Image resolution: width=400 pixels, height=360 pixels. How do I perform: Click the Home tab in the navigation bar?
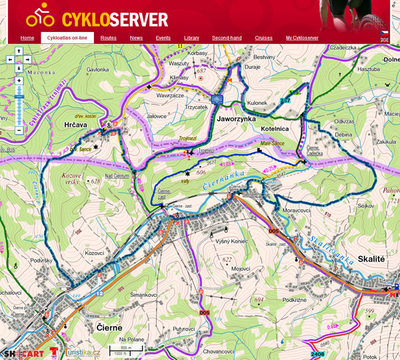click(27, 38)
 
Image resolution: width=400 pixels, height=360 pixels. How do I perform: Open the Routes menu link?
click(109, 38)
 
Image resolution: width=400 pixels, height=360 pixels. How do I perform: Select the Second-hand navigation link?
click(227, 38)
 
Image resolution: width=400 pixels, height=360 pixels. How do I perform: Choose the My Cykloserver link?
click(302, 38)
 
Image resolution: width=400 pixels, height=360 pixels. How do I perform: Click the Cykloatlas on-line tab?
click(67, 38)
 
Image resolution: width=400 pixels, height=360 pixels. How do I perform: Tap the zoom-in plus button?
click(19, 81)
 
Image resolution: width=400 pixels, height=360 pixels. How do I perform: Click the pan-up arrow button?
click(19, 51)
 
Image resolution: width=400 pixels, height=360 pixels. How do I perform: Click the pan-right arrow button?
click(27, 59)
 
